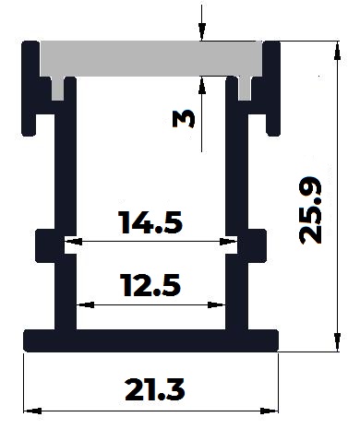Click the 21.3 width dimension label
(x=155, y=390)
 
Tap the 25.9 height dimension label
(x=310, y=210)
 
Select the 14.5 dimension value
(x=150, y=222)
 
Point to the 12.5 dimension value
(x=150, y=285)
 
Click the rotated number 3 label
(x=184, y=119)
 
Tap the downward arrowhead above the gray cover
(x=201, y=31)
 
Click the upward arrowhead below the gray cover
(x=201, y=85)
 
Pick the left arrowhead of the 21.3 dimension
(x=32, y=411)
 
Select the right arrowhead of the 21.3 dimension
(x=269, y=411)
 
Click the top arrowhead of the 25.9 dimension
(x=338, y=51)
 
